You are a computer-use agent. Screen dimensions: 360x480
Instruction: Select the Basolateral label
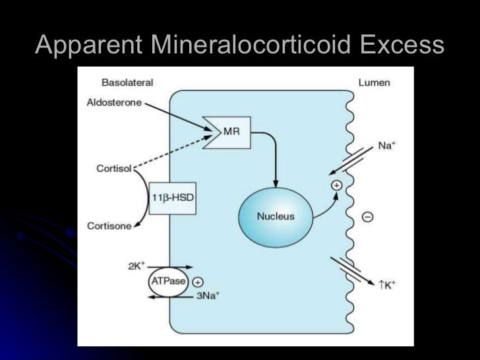[x=127, y=83]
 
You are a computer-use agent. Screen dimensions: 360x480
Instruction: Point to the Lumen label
[x=374, y=83]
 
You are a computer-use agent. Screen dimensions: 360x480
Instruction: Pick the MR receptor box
[x=230, y=131]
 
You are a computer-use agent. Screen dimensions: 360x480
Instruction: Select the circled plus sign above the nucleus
[x=336, y=186]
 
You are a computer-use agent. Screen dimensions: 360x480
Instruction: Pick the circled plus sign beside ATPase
[x=198, y=281]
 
